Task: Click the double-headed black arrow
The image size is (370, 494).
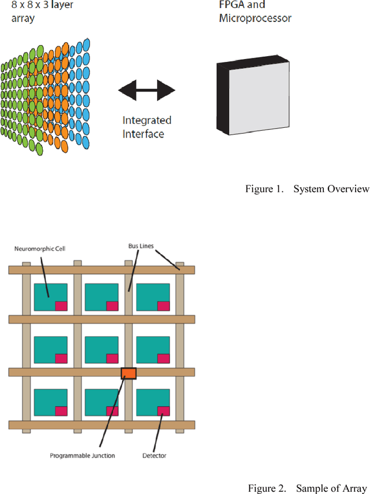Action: point(146,90)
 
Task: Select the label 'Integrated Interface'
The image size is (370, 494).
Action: point(147,127)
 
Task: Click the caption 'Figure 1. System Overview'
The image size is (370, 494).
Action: point(306,189)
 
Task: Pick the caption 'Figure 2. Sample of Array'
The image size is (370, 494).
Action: point(308,488)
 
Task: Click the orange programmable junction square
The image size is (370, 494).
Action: point(128,373)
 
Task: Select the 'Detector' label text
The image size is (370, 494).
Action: point(154,456)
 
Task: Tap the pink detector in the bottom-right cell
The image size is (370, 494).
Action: point(164,411)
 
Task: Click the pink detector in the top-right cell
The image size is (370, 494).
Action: point(164,305)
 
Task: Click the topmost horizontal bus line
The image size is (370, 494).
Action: point(102,270)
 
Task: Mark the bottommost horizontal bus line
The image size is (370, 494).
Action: point(102,425)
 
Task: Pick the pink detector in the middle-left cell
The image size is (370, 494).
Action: point(61,358)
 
